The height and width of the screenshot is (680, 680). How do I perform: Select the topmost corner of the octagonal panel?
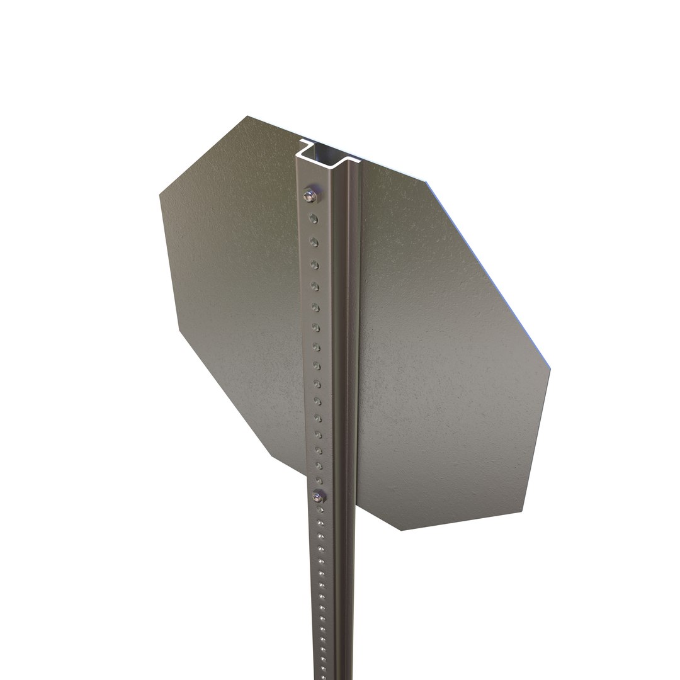click(248, 116)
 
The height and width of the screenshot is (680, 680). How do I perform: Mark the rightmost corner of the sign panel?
click(550, 366)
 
